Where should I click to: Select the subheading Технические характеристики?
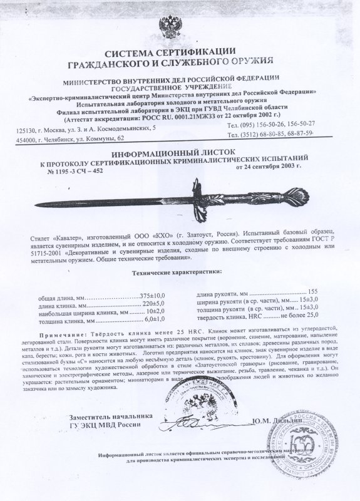tap(177, 274)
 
